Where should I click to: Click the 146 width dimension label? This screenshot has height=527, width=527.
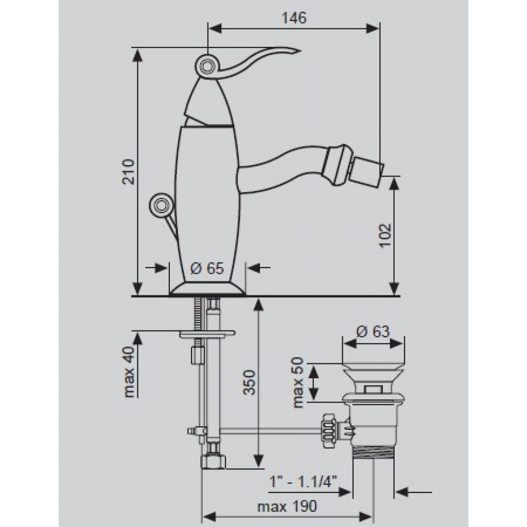click(294, 18)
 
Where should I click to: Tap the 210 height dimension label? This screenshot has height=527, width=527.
click(128, 171)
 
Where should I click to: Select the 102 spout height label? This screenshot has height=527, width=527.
click(385, 235)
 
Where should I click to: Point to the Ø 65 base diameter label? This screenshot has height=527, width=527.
click(207, 269)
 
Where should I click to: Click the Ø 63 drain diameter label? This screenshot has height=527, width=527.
click(373, 332)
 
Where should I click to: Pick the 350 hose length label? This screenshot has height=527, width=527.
click(250, 382)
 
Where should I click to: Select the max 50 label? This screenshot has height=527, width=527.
click(298, 382)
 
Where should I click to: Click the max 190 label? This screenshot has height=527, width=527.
click(287, 506)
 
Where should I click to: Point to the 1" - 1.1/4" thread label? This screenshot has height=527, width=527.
click(304, 482)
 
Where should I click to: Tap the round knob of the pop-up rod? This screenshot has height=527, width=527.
click(160, 204)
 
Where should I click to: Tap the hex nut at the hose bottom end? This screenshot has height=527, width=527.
click(214, 462)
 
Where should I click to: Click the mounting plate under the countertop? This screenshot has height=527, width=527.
click(207, 334)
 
